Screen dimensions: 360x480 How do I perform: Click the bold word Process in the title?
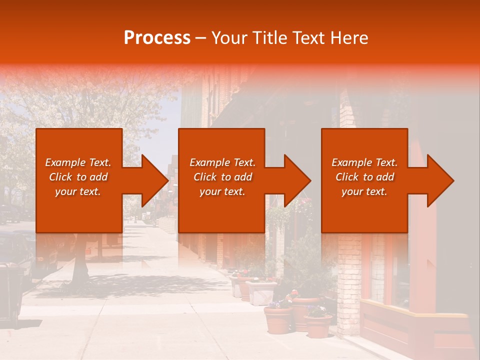coord(157,37)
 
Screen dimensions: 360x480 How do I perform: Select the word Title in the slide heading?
coord(268,37)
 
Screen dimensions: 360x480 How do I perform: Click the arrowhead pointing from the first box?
coord(153,180)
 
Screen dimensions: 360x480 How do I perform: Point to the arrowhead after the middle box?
coord(296,180)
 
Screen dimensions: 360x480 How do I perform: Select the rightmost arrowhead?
coord(439,180)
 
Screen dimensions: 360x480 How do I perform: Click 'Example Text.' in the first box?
coord(78,162)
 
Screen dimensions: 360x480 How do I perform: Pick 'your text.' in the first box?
coord(78,191)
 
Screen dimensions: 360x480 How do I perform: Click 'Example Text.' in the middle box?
coord(222,162)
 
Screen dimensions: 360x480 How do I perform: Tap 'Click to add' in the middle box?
coord(222,177)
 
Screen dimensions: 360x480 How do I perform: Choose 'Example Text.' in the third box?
coord(364,162)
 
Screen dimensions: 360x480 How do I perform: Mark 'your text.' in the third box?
coord(364,191)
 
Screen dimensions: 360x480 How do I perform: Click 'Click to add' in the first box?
coord(78,177)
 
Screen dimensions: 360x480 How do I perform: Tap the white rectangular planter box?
coord(261,292)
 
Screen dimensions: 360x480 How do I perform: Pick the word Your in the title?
coord(229,37)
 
